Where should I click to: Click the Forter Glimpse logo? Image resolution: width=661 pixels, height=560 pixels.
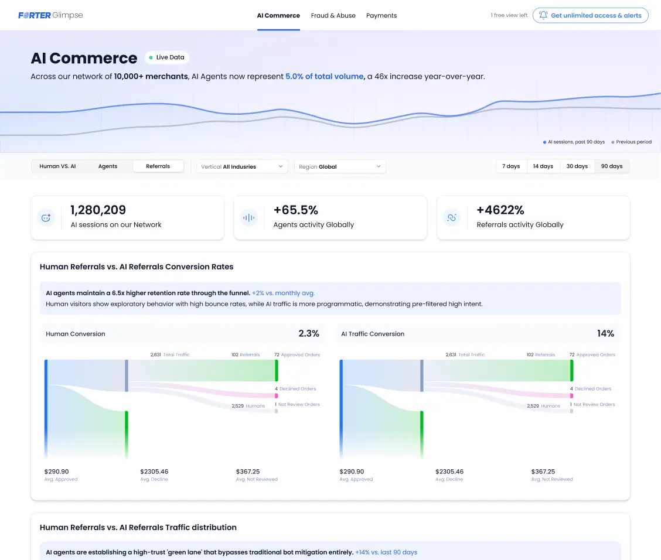[50, 15]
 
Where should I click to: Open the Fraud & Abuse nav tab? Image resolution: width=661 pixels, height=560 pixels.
[333, 16]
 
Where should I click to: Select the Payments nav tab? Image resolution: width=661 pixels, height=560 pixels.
[381, 16]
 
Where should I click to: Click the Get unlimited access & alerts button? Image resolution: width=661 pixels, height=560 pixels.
[590, 16]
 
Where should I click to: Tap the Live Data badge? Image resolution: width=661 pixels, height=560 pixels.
[167, 57]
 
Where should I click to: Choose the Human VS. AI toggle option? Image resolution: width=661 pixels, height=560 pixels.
[57, 166]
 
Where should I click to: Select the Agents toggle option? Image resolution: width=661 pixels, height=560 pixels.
[108, 166]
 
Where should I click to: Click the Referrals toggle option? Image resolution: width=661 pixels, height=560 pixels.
[158, 166]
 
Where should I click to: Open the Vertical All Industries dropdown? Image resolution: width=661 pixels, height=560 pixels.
[242, 166]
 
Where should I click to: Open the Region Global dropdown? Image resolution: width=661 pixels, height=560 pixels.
[340, 166]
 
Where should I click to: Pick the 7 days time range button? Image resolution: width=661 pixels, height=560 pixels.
[511, 166]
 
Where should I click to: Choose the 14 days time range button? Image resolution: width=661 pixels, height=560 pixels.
[543, 166]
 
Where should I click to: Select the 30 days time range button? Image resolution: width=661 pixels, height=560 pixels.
[577, 166]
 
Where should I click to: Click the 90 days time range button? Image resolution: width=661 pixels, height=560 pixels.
[612, 166]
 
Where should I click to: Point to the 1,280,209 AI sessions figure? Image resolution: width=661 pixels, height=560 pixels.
[98, 210]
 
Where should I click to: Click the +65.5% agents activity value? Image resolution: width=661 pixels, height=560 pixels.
[295, 210]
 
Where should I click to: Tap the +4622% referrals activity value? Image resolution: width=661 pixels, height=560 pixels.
[500, 210]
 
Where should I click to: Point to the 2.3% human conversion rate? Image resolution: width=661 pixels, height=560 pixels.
[309, 334]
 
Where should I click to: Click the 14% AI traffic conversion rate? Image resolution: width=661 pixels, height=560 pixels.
[605, 334]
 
